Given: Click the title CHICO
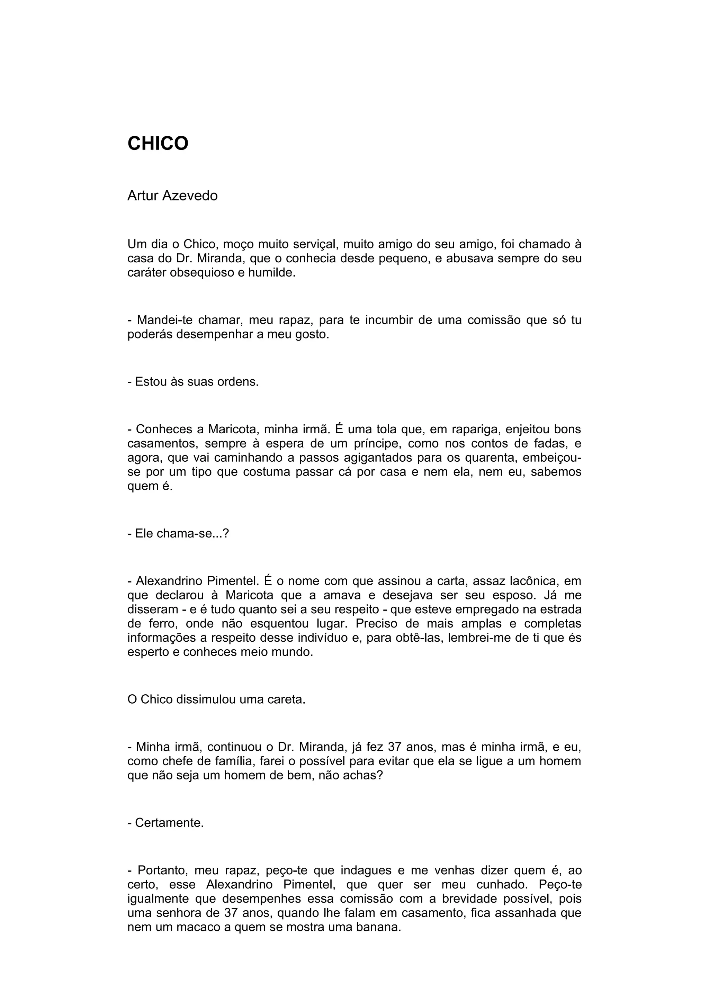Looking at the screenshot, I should point(158,143).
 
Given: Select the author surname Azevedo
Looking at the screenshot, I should point(190,196).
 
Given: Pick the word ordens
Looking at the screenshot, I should point(240,382).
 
